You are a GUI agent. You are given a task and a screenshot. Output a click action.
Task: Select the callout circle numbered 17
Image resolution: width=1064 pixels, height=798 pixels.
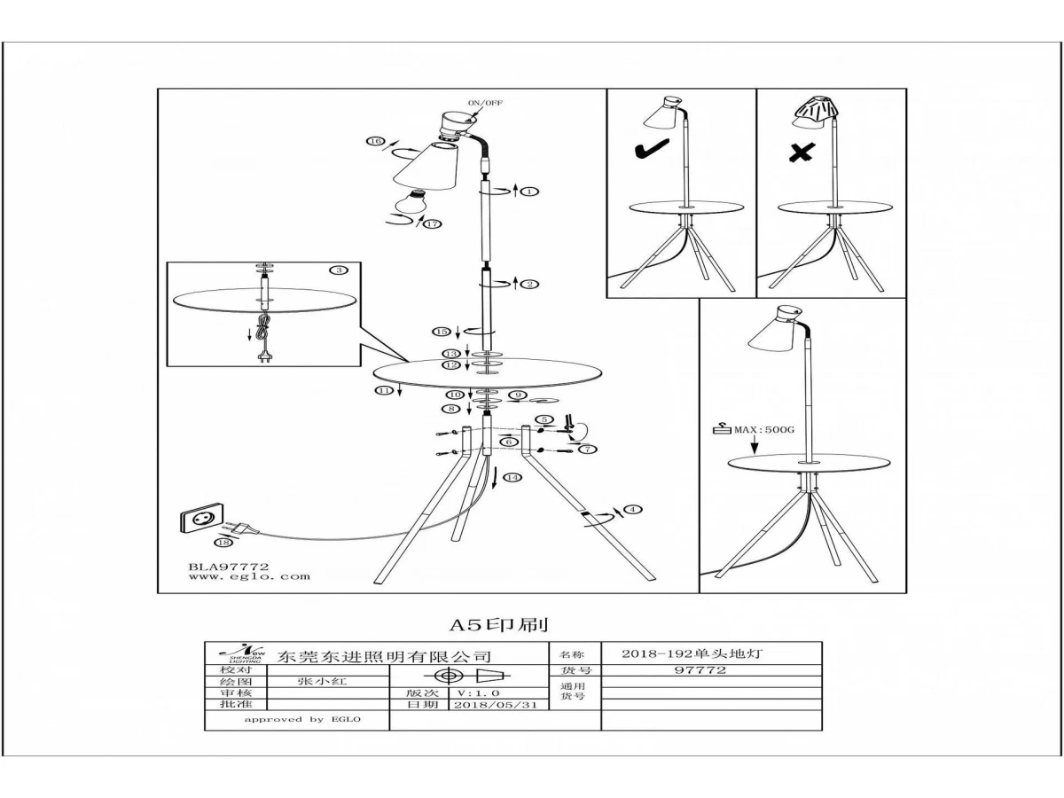(433, 224)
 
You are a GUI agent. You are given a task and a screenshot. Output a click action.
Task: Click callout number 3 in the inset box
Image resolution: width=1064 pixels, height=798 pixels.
(338, 270)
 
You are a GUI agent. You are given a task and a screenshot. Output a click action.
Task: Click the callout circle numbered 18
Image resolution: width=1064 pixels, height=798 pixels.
(222, 542)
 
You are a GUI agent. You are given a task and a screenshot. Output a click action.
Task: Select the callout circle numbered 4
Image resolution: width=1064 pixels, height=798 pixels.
(632, 509)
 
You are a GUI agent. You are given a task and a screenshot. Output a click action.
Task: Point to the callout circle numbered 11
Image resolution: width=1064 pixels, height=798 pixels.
(383, 390)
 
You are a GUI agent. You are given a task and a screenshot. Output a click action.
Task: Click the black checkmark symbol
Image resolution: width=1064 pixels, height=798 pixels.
(651, 152)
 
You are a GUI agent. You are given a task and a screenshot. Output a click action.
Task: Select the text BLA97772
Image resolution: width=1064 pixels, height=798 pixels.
(228, 565)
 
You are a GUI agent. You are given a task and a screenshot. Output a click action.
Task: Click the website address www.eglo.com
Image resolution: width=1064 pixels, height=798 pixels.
(249, 576)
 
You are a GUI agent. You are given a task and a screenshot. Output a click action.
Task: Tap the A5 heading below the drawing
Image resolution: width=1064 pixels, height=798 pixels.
(505, 625)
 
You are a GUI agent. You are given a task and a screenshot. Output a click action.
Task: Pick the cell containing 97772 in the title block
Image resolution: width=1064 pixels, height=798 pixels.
(700, 670)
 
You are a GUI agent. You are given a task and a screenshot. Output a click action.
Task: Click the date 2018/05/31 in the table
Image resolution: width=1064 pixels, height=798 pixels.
(496, 706)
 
